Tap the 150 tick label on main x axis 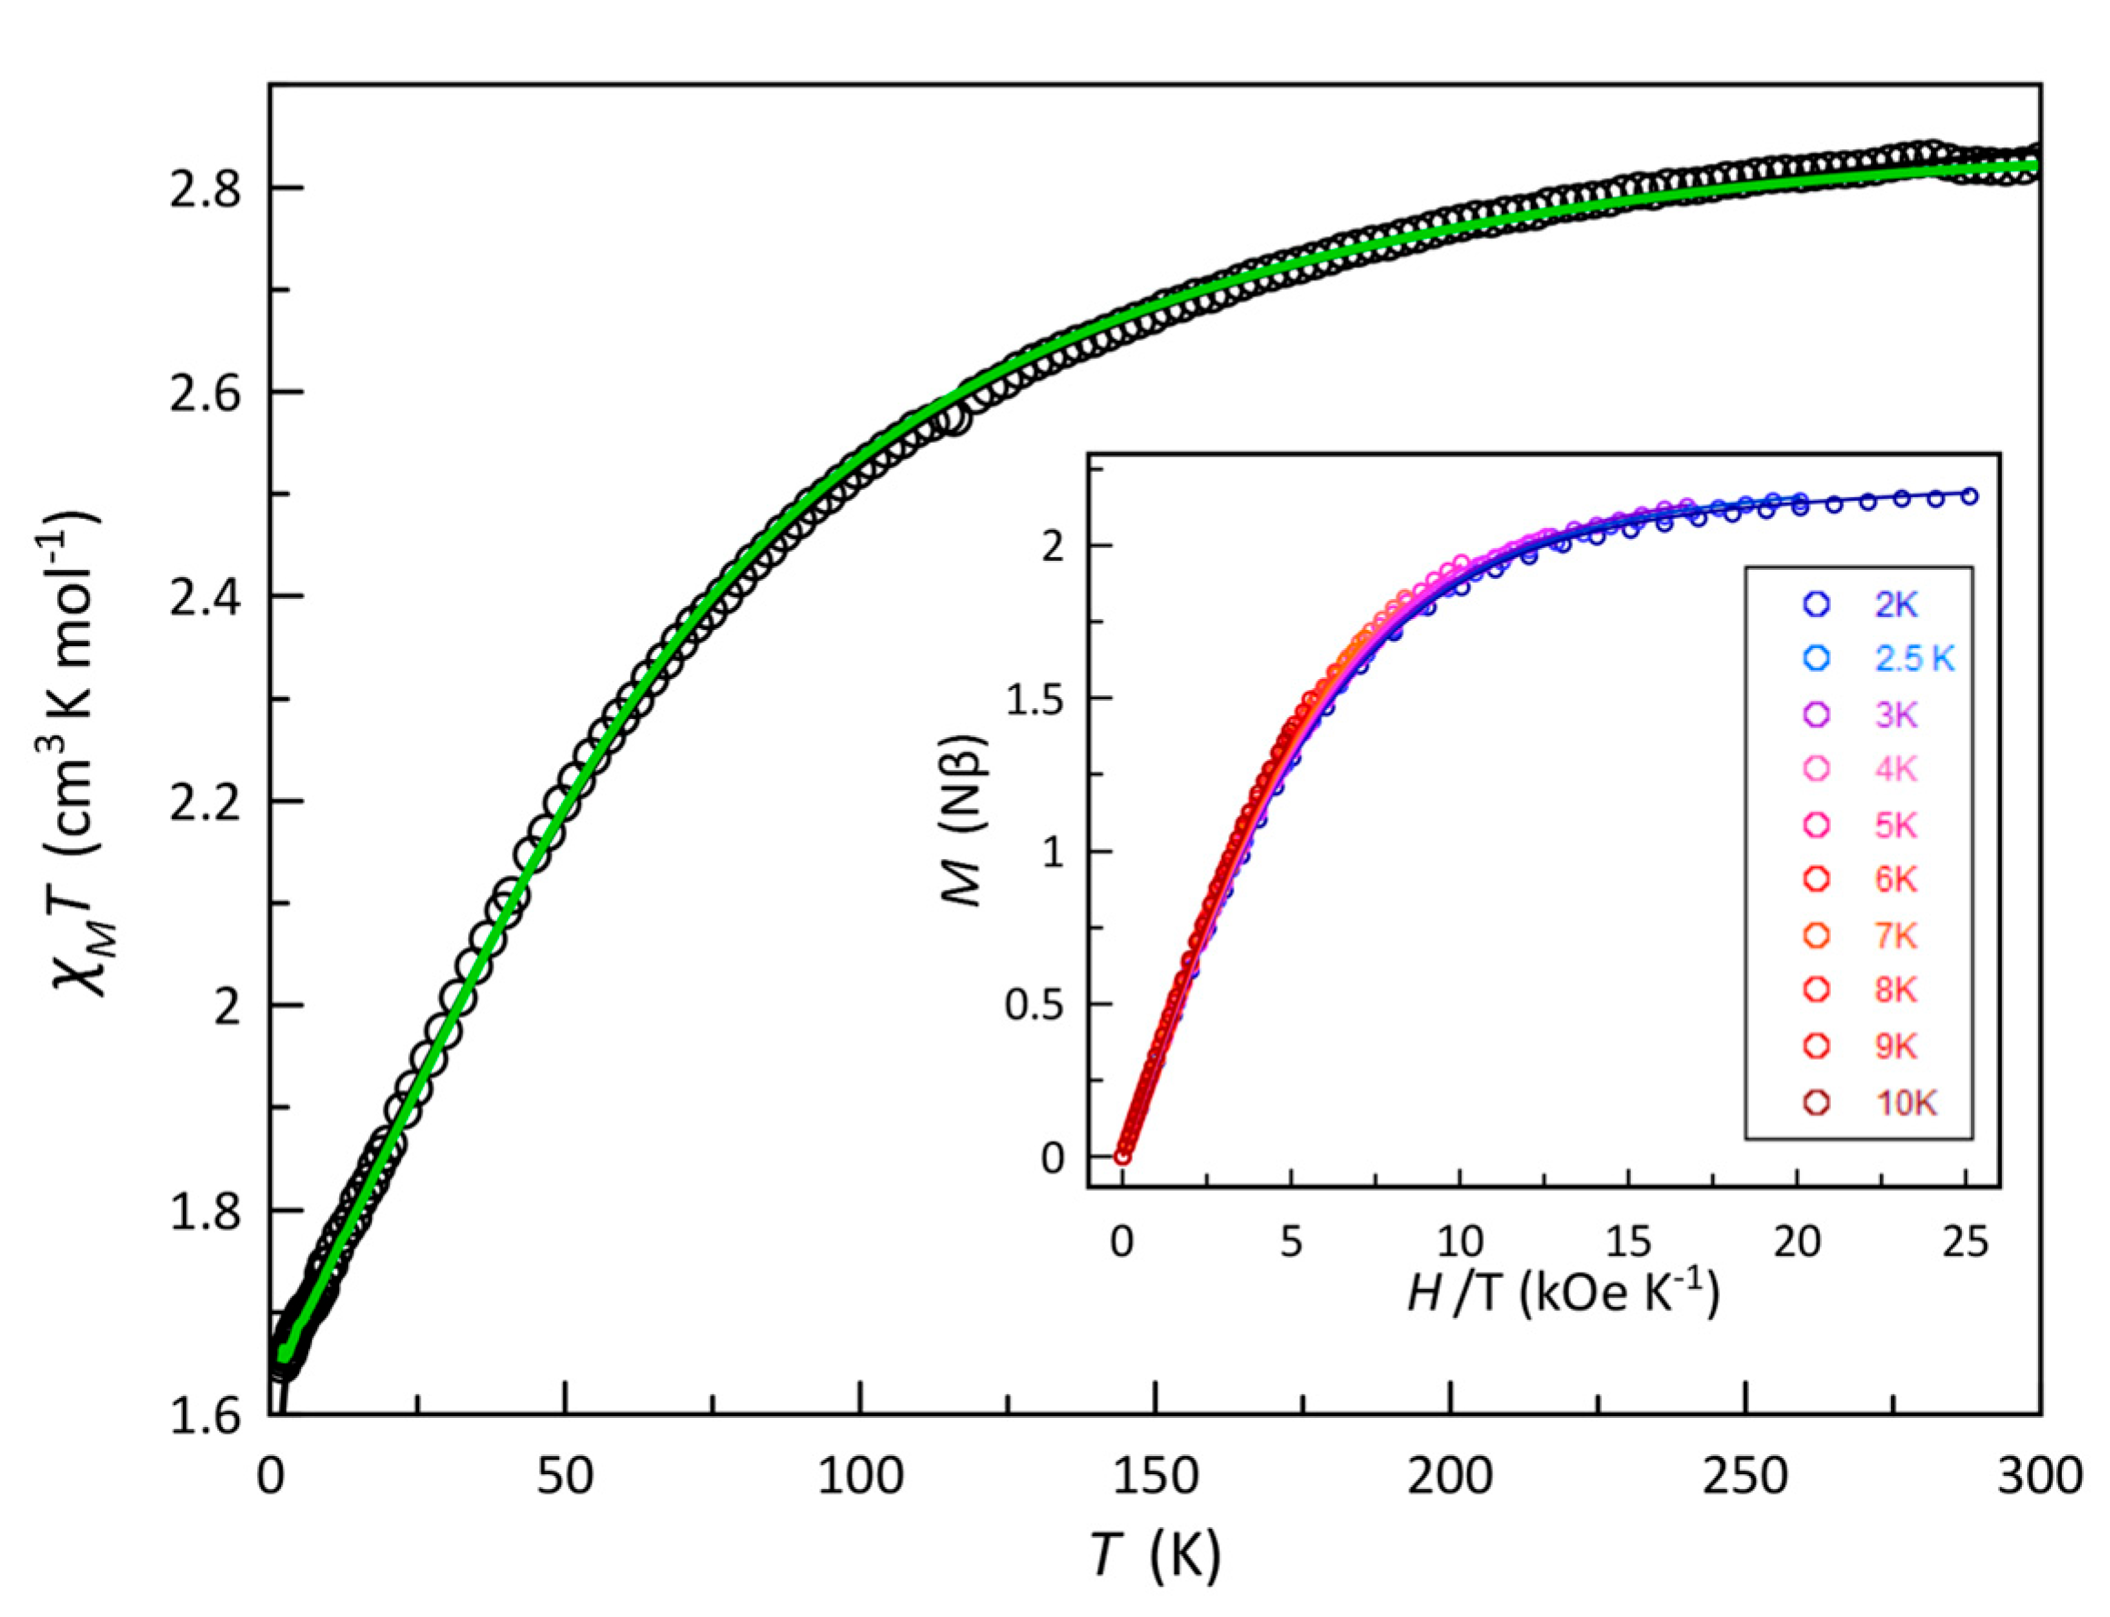click(1155, 1475)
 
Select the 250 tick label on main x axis click(1745, 1475)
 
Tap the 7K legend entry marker click(1815, 935)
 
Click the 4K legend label click(1895, 769)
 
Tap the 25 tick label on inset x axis click(1965, 1243)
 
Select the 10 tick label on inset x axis click(1459, 1243)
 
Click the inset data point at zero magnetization click(1123, 1156)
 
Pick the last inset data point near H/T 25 click(1968, 495)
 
